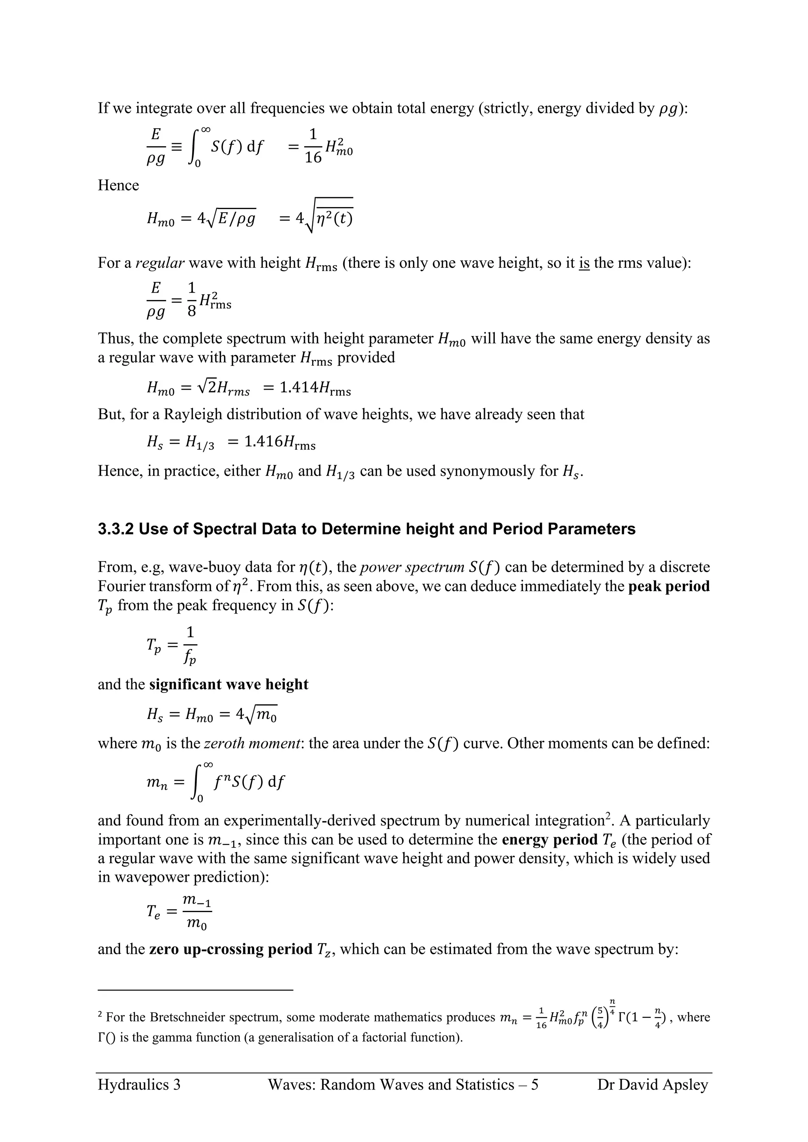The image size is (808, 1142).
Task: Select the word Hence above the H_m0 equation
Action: coord(118,185)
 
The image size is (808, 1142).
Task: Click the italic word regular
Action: coord(160,263)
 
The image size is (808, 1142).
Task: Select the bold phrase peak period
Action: coord(669,586)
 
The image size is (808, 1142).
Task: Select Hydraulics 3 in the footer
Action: coord(139,1084)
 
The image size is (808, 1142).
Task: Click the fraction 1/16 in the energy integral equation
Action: coord(313,147)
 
